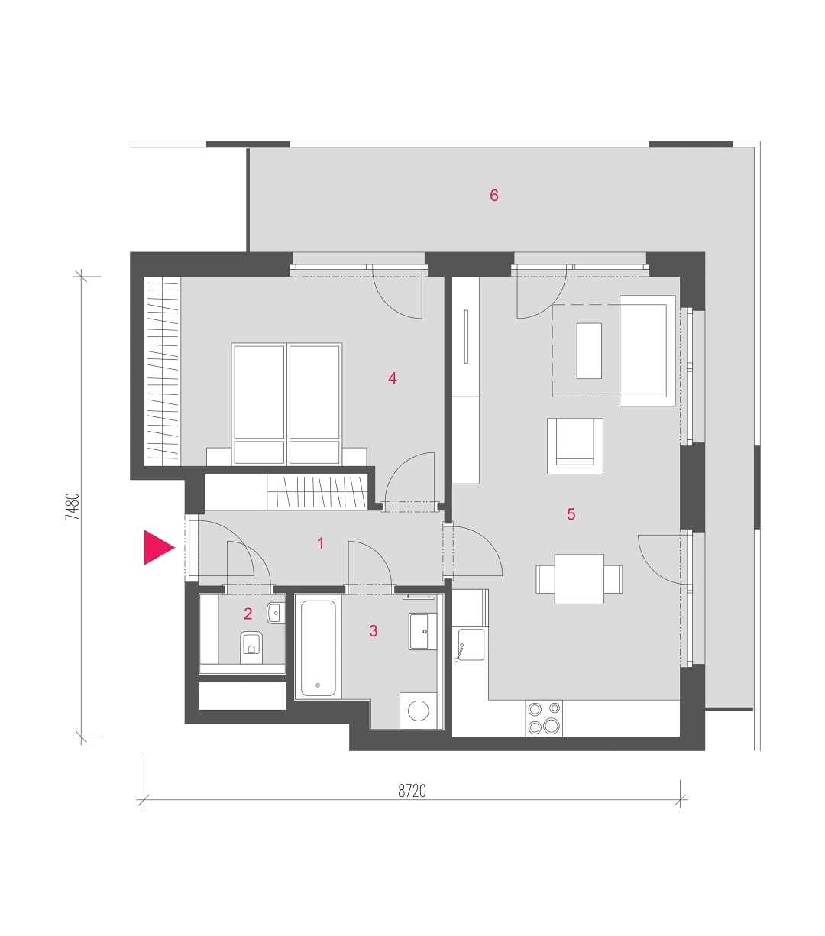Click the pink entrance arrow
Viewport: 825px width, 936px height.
tap(157, 547)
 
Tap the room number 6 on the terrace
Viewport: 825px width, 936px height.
tap(493, 196)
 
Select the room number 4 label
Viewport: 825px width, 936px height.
tap(392, 378)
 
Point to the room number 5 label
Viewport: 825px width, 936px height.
tap(571, 514)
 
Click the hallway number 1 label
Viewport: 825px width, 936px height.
tap(321, 543)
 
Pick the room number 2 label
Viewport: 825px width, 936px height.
tap(247, 614)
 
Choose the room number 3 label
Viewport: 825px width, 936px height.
tap(374, 630)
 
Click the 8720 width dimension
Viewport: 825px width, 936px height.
tap(412, 791)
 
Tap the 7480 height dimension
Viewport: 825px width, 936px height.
tap(73, 507)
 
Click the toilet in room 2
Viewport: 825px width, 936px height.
tap(251, 647)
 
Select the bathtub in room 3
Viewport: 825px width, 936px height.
tap(319, 648)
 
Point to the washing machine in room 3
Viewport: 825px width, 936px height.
tap(418, 711)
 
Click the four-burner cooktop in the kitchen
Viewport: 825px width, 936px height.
tap(544, 718)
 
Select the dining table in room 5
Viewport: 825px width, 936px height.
tap(579, 579)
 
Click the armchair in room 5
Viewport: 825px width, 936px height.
tap(575, 445)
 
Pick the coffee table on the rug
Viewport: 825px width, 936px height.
tap(589, 351)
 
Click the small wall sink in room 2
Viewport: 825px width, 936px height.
tap(276, 613)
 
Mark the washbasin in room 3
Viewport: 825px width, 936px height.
tap(422, 632)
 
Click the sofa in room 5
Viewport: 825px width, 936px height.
tap(648, 351)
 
